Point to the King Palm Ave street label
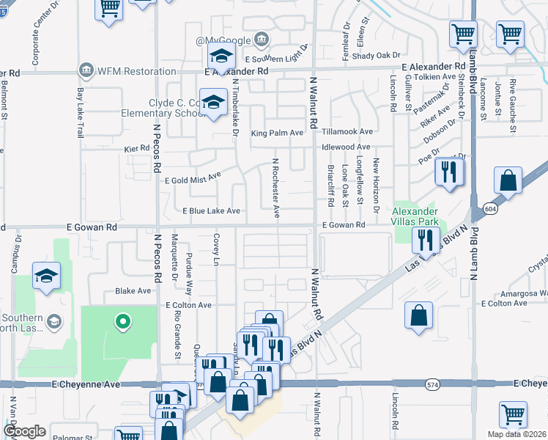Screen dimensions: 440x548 pos(277,133)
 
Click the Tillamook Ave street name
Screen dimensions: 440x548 pos(347,132)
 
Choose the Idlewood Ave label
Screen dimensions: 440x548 pos(346,147)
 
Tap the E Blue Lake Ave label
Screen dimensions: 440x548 pos(211,211)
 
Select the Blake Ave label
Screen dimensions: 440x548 pos(133,291)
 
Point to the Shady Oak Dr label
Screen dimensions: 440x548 pos(377,55)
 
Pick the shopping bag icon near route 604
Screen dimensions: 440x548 pos(508,180)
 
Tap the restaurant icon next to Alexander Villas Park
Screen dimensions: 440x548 pos(425,238)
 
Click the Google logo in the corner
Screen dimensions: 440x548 pos(25,431)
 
